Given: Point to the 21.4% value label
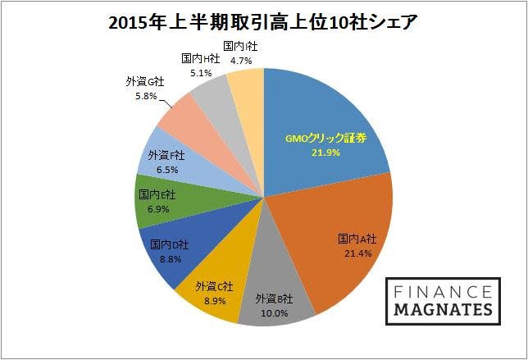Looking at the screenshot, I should point(358,253).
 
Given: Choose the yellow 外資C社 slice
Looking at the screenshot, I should point(216,271).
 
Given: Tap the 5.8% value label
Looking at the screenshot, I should point(143,95).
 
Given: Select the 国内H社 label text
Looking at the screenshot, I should point(199,57).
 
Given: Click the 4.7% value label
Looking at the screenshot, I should point(240,59).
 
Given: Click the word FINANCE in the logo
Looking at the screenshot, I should point(439,292).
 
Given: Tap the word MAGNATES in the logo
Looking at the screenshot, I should point(439,309).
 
